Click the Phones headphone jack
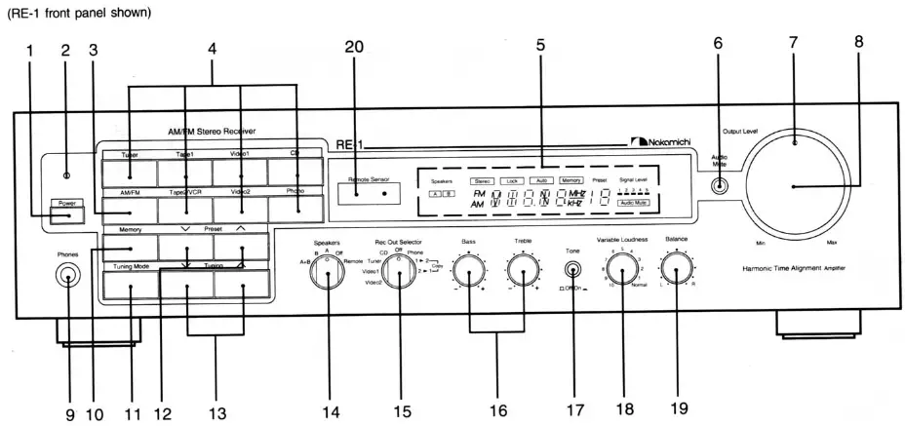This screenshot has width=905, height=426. pyautogui.click(x=67, y=277)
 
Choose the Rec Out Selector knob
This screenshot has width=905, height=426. pyautogui.click(x=396, y=276)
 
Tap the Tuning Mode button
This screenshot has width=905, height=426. pyautogui.click(x=129, y=283)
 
